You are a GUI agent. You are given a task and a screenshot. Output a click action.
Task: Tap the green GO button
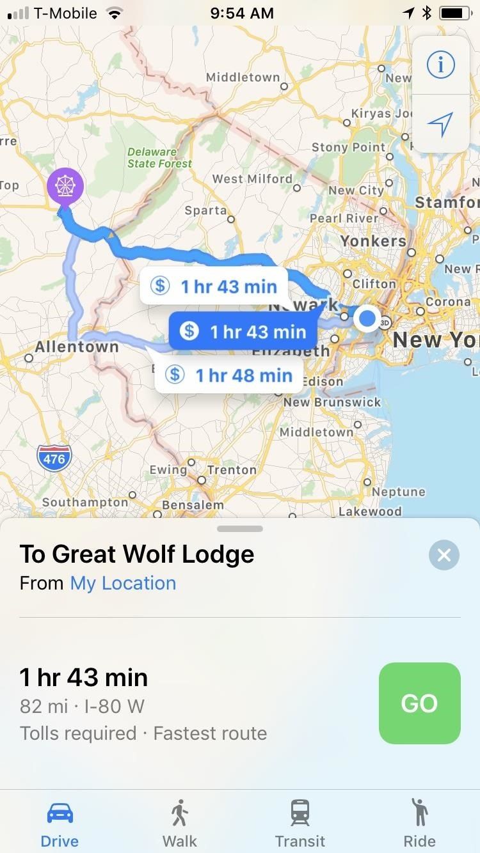[x=419, y=703]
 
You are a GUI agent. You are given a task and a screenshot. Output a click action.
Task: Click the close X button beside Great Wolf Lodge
[x=444, y=555]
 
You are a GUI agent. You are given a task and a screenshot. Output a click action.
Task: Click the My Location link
[x=123, y=583]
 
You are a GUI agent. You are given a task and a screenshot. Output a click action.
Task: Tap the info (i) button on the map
[x=440, y=65]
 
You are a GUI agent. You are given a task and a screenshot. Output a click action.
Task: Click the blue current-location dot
[x=367, y=318]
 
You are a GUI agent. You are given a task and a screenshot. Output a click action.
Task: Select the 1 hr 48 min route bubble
[x=228, y=375]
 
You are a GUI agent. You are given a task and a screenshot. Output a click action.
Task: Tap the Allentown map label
[x=77, y=347]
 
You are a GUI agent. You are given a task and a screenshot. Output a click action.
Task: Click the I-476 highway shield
[x=54, y=458]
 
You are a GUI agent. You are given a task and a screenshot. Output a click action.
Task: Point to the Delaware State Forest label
[x=159, y=158]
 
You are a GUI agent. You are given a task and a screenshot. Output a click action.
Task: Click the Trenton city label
[x=232, y=470]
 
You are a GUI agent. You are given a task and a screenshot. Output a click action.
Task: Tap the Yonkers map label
[x=373, y=241]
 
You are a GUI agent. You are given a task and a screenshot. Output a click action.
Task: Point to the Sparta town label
[x=205, y=210]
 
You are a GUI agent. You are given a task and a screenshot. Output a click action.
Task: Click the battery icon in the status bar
[x=454, y=13]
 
